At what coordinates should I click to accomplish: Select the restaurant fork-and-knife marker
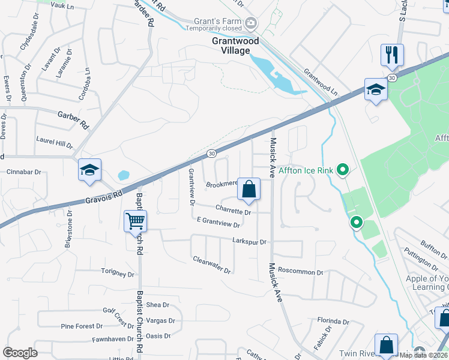(x=392, y=55)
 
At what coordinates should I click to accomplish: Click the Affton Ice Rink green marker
(x=343, y=171)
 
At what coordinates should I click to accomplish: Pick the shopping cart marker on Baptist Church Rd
(x=135, y=221)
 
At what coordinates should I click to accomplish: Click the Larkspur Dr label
(x=249, y=241)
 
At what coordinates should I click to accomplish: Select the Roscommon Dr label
(x=301, y=271)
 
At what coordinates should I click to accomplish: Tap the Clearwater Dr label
(x=212, y=265)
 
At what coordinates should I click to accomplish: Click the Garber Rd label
(x=73, y=119)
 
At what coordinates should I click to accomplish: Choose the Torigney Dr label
(x=118, y=274)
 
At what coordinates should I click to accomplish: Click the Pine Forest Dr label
(x=82, y=326)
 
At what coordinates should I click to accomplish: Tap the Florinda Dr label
(x=333, y=320)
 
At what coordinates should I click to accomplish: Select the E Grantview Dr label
(x=218, y=222)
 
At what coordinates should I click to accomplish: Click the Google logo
(x=20, y=353)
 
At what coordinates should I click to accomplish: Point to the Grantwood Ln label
(x=321, y=83)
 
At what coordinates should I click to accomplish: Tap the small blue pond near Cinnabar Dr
(x=124, y=175)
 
